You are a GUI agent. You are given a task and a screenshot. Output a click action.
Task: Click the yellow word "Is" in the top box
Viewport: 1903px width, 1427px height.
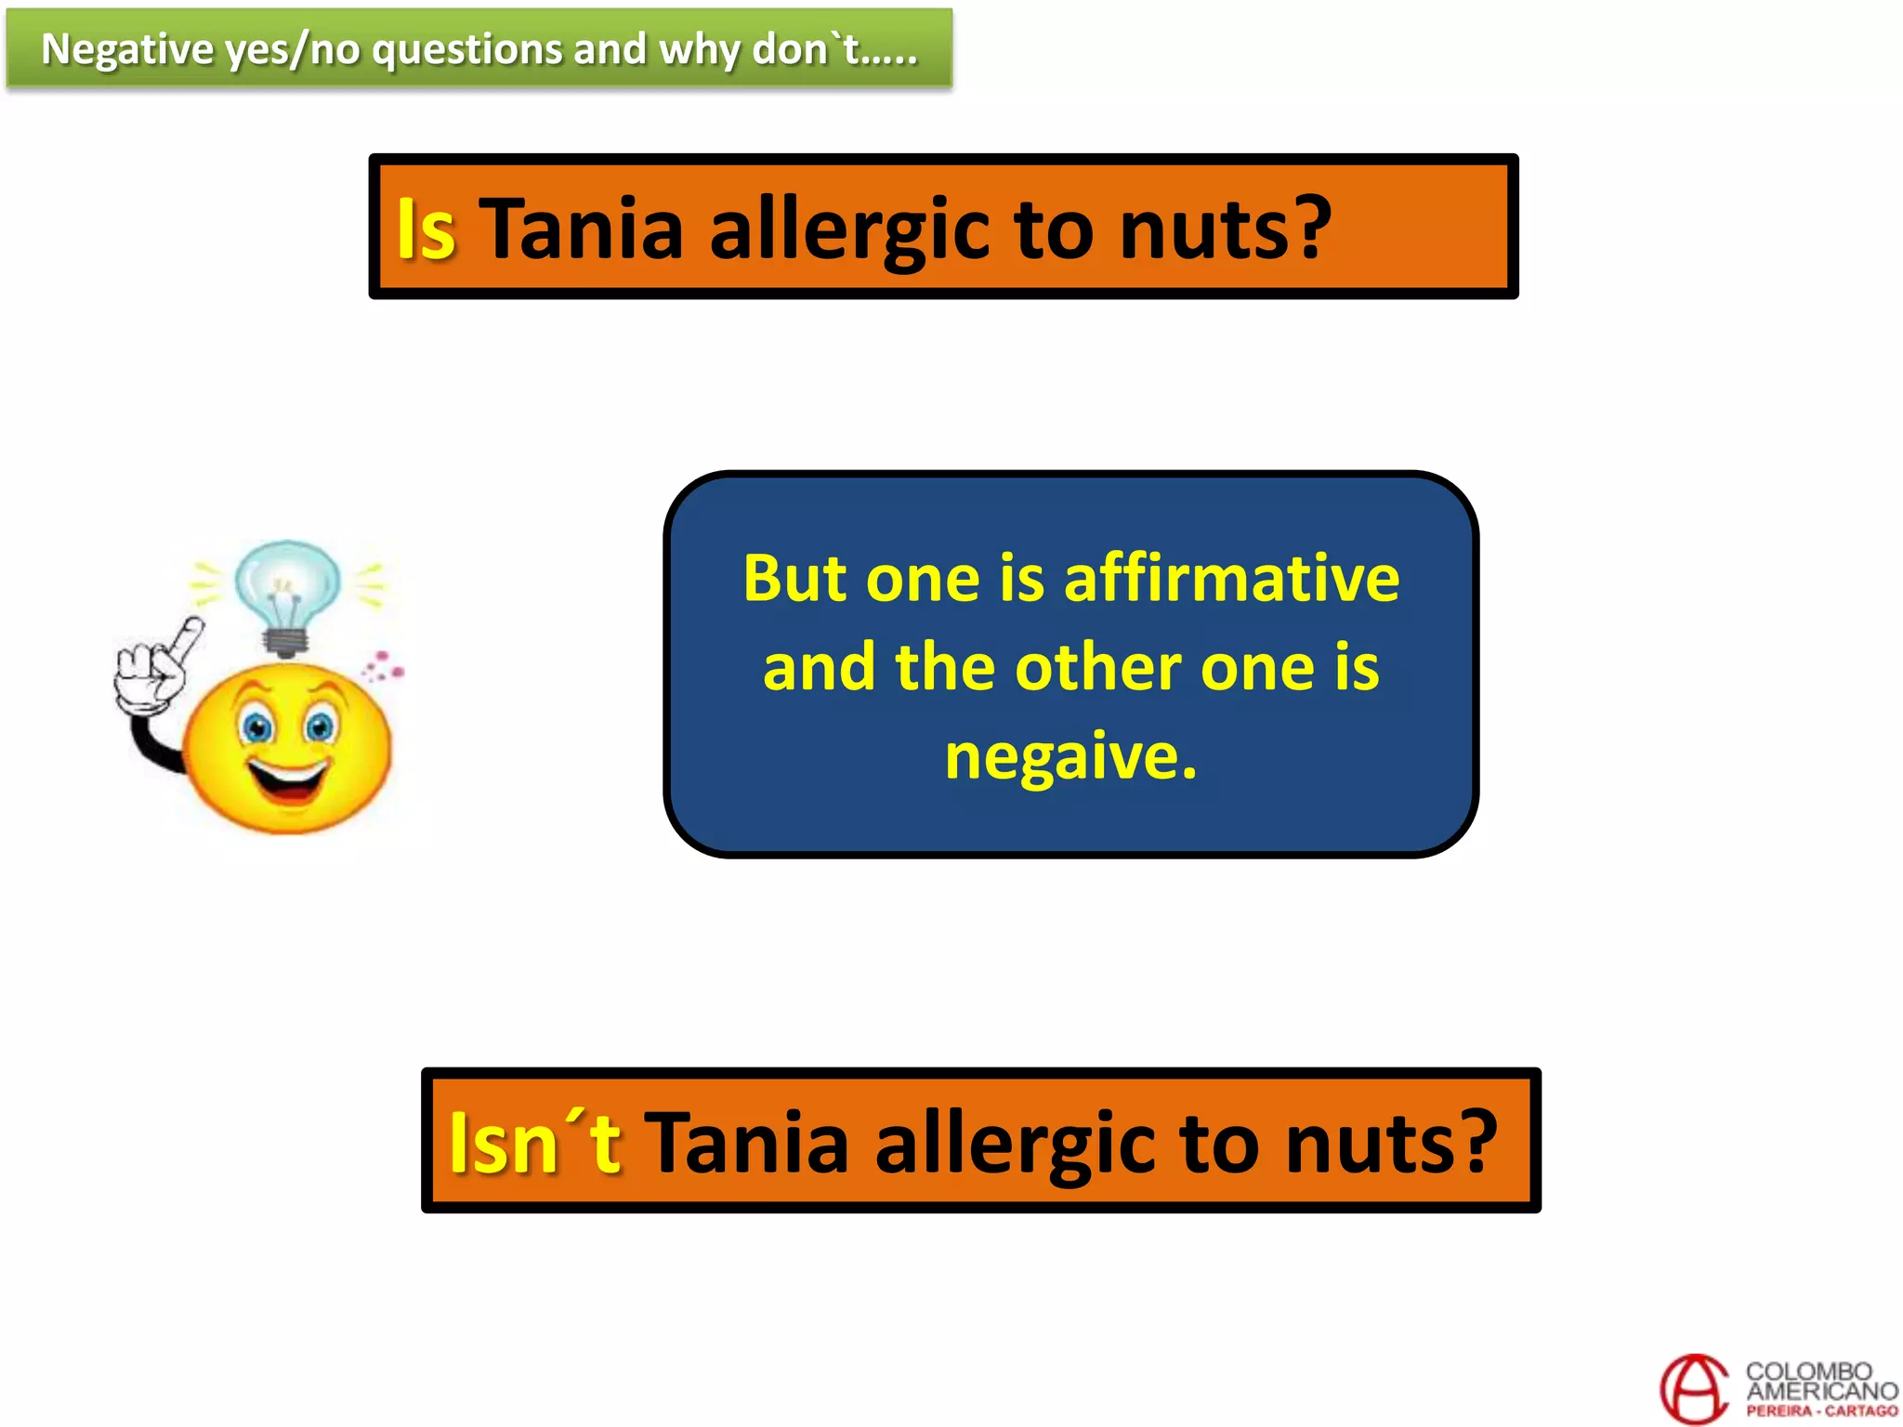tap(426, 229)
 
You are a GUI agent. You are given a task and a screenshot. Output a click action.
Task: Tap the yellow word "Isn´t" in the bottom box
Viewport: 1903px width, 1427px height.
tap(534, 1144)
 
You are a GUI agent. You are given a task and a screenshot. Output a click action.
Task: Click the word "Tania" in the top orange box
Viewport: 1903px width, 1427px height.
tap(582, 229)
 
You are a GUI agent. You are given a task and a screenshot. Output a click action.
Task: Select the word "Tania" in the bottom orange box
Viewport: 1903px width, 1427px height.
tap(747, 1144)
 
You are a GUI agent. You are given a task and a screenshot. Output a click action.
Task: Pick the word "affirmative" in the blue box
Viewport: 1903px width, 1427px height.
tap(1231, 579)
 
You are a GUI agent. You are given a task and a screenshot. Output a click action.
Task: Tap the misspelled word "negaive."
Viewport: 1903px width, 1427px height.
tap(1070, 756)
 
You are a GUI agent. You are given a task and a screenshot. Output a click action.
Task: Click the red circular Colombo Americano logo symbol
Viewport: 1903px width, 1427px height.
tap(1694, 1389)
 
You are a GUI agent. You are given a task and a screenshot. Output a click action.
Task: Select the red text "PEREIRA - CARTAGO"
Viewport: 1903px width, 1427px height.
tap(1821, 1411)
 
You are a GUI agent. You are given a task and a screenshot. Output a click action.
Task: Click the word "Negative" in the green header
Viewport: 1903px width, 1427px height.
tap(127, 49)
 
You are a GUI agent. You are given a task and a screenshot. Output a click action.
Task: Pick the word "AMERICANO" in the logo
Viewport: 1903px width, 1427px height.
tap(1821, 1391)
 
